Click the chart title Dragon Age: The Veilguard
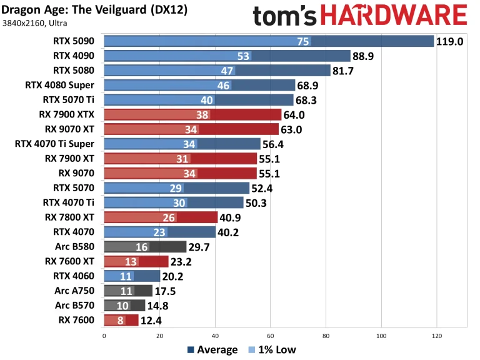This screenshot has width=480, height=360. click(x=94, y=11)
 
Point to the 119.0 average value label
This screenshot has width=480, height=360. click(x=450, y=42)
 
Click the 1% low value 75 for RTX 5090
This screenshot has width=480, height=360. click(x=303, y=42)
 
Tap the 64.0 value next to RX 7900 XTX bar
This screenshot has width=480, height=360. click(x=296, y=114)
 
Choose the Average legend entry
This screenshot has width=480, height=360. click(x=211, y=349)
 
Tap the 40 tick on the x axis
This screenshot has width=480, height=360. click(x=215, y=336)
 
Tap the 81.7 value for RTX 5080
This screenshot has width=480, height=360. click(x=345, y=71)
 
